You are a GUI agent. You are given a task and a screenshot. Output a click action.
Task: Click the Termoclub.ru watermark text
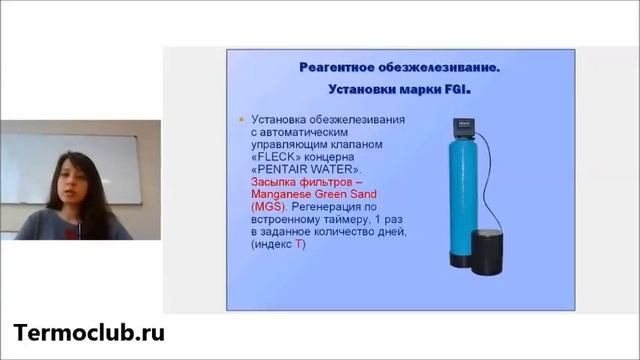pyautogui.click(x=89, y=333)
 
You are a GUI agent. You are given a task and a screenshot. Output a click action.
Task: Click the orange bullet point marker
pyautogui.click(x=240, y=120)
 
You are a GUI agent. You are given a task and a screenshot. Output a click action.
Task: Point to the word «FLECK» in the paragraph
pyautogui.click(x=278, y=158)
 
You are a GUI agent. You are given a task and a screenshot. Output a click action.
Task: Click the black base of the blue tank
pyautogui.click(x=465, y=262)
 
